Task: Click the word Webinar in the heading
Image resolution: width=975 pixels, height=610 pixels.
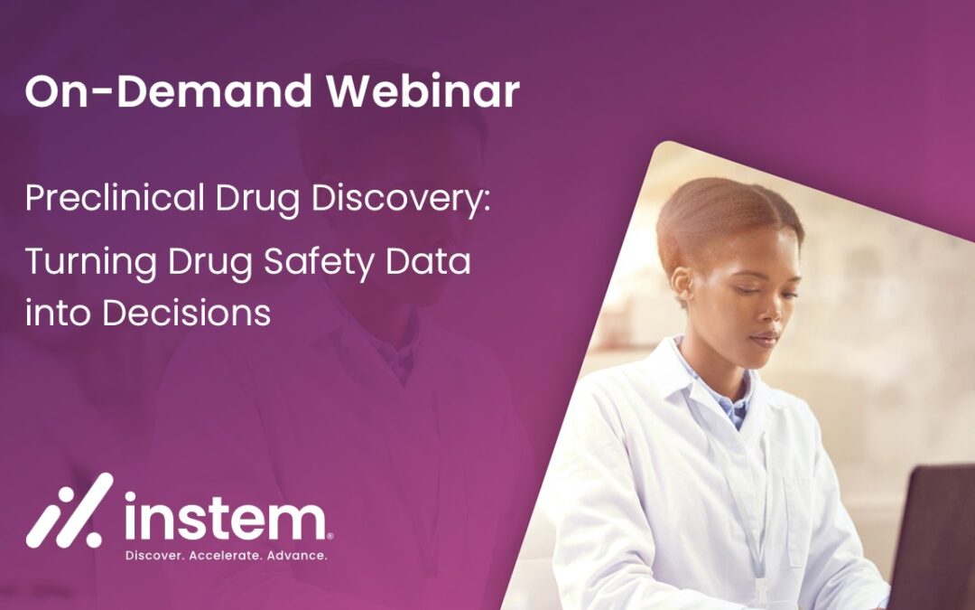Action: click(x=423, y=91)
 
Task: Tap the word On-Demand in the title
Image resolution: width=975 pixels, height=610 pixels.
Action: click(x=169, y=91)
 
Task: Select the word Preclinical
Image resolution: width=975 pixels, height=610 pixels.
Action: click(x=115, y=198)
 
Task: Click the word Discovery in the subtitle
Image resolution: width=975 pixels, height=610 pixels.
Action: click(x=401, y=200)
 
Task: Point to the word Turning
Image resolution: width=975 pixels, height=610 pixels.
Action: click(x=91, y=263)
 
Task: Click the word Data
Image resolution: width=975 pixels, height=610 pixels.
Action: click(x=429, y=261)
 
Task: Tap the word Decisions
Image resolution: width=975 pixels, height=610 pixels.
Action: click(x=187, y=312)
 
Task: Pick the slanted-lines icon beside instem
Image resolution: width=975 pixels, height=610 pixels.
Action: click(x=70, y=511)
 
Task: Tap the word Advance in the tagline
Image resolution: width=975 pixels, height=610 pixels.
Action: click(x=297, y=555)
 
